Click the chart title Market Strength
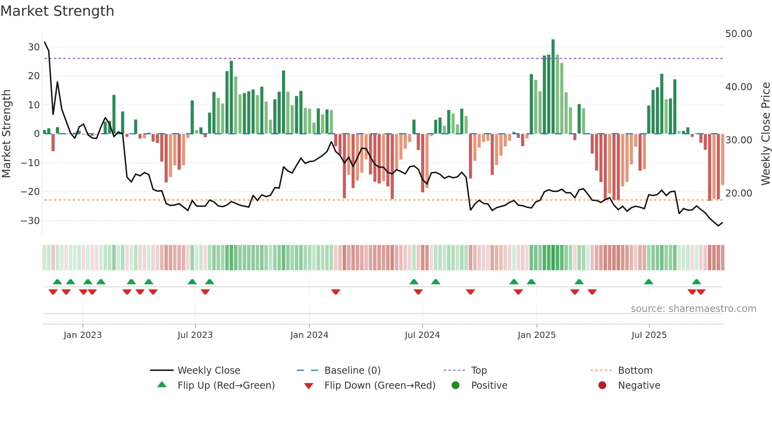click(57, 11)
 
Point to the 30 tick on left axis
click(34, 47)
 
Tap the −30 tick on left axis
click(30, 221)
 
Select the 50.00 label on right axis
click(739, 34)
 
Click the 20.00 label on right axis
click(739, 193)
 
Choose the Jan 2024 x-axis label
click(309, 335)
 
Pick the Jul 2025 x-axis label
click(649, 335)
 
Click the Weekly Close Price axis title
click(765, 134)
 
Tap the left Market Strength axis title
click(7, 134)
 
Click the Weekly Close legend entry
click(209, 371)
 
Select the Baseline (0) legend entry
click(352, 371)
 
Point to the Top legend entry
click(479, 371)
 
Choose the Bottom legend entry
click(635, 371)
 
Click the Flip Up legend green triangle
click(162, 385)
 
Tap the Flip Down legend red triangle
click(309, 386)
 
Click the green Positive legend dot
click(456, 385)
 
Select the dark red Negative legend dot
click(602, 385)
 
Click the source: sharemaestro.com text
click(693, 309)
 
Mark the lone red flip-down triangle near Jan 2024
click(336, 292)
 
